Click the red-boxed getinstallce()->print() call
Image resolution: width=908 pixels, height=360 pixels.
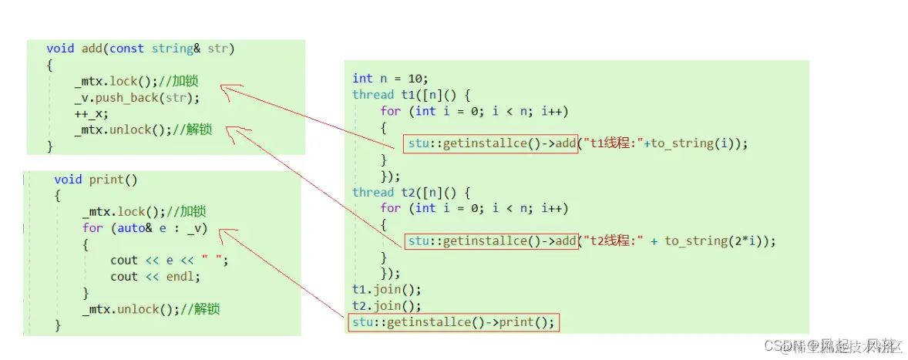click(453, 322)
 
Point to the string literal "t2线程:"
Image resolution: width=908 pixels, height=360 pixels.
click(616, 241)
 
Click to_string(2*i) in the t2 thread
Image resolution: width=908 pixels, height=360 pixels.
click(717, 241)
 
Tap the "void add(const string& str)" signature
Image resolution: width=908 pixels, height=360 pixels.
click(140, 49)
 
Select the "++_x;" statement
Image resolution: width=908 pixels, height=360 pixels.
click(92, 114)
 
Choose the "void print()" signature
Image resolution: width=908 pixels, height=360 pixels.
click(96, 180)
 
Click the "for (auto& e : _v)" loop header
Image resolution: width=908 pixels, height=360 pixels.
click(145, 228)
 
